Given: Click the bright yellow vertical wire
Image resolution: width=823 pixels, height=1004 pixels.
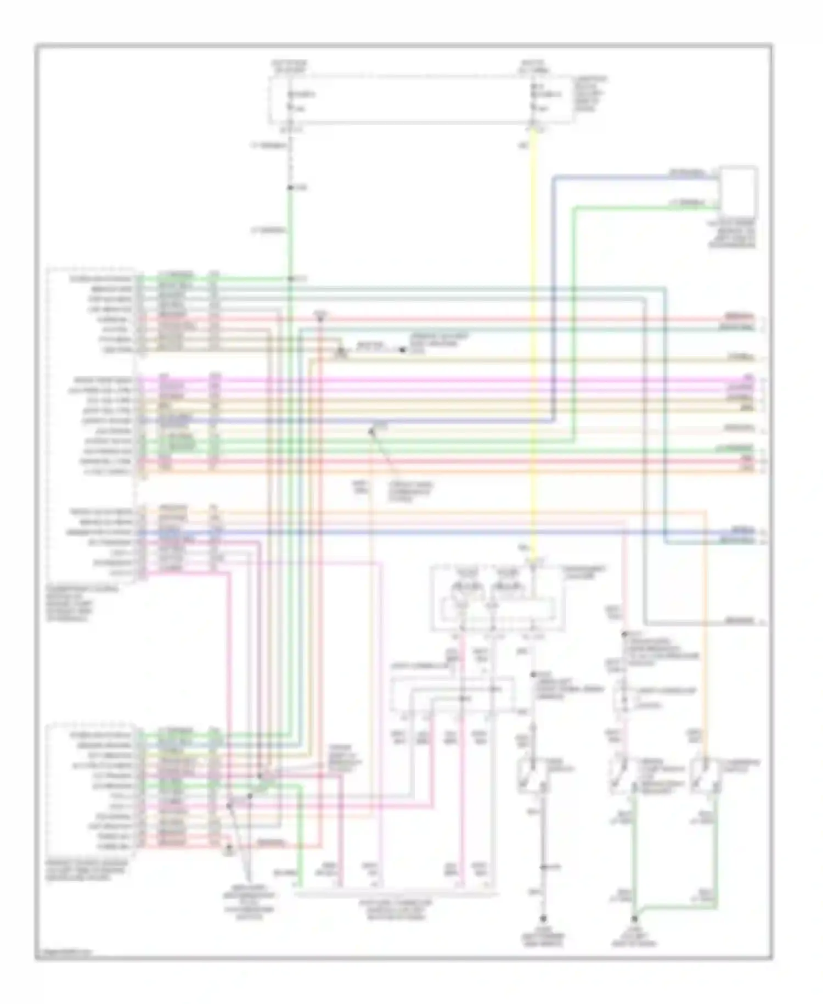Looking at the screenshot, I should click(534, 330).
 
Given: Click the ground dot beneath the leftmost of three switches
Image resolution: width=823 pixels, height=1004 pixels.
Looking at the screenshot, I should click(543, 918).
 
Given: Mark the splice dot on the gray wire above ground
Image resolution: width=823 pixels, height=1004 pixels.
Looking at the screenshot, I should click(542, 867).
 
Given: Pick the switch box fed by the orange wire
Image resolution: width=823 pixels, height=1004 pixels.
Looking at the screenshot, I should click(703, 776).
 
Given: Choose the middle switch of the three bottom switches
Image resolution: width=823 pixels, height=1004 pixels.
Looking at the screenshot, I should click(622, 776).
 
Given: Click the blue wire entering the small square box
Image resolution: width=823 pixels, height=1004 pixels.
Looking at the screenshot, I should click(631, 176).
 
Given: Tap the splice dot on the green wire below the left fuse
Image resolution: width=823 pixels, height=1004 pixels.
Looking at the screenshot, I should click(290, 188).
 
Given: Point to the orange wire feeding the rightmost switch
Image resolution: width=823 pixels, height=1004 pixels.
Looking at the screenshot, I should click(704, 632).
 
